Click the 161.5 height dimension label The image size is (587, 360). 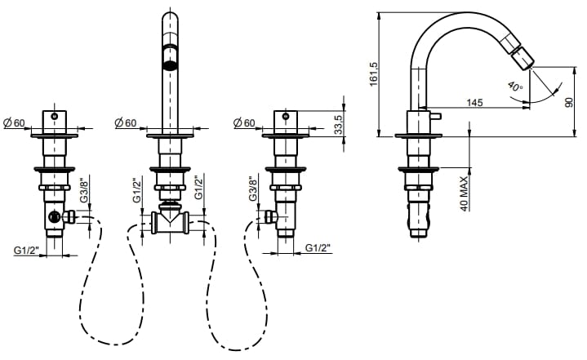coord(375,74)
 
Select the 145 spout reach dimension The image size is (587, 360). coord(474,102)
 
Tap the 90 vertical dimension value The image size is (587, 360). coord(569,102)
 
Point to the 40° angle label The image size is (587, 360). coord(515,87)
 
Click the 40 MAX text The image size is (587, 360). coord(465,193)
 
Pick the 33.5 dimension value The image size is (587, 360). coord(338,125)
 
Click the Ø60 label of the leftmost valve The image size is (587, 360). coord(14,122)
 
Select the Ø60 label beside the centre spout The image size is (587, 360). coord(126,122)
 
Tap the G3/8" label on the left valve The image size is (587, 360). coord(84,189)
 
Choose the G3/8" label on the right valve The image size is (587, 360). coord(254,189)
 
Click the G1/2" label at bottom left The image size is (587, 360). coord(27,250)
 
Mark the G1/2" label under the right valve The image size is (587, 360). coord(318,247)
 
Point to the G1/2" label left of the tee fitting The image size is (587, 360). coord(137,189)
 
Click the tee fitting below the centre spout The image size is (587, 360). coord(171,221)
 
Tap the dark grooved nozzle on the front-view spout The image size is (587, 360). coord(171,57)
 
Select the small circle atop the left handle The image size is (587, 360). coord(55,117)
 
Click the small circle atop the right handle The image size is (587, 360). coord(286,117)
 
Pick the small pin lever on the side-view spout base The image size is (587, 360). coord(434,116)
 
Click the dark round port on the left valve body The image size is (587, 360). coord(55,216)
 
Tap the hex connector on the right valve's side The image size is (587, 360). coord(270,216)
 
